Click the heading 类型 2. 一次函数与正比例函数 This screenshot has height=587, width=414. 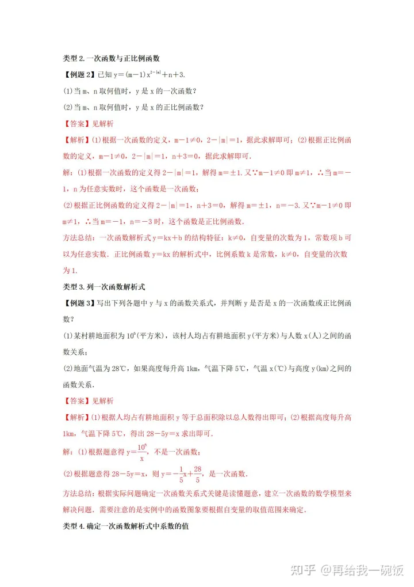click(111, 58)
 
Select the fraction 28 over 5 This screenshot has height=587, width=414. click(197, 474)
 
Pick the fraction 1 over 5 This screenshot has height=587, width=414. click(181, 474)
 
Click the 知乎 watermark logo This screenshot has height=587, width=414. click(302, 570)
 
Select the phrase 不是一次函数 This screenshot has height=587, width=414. click(170, 452)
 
